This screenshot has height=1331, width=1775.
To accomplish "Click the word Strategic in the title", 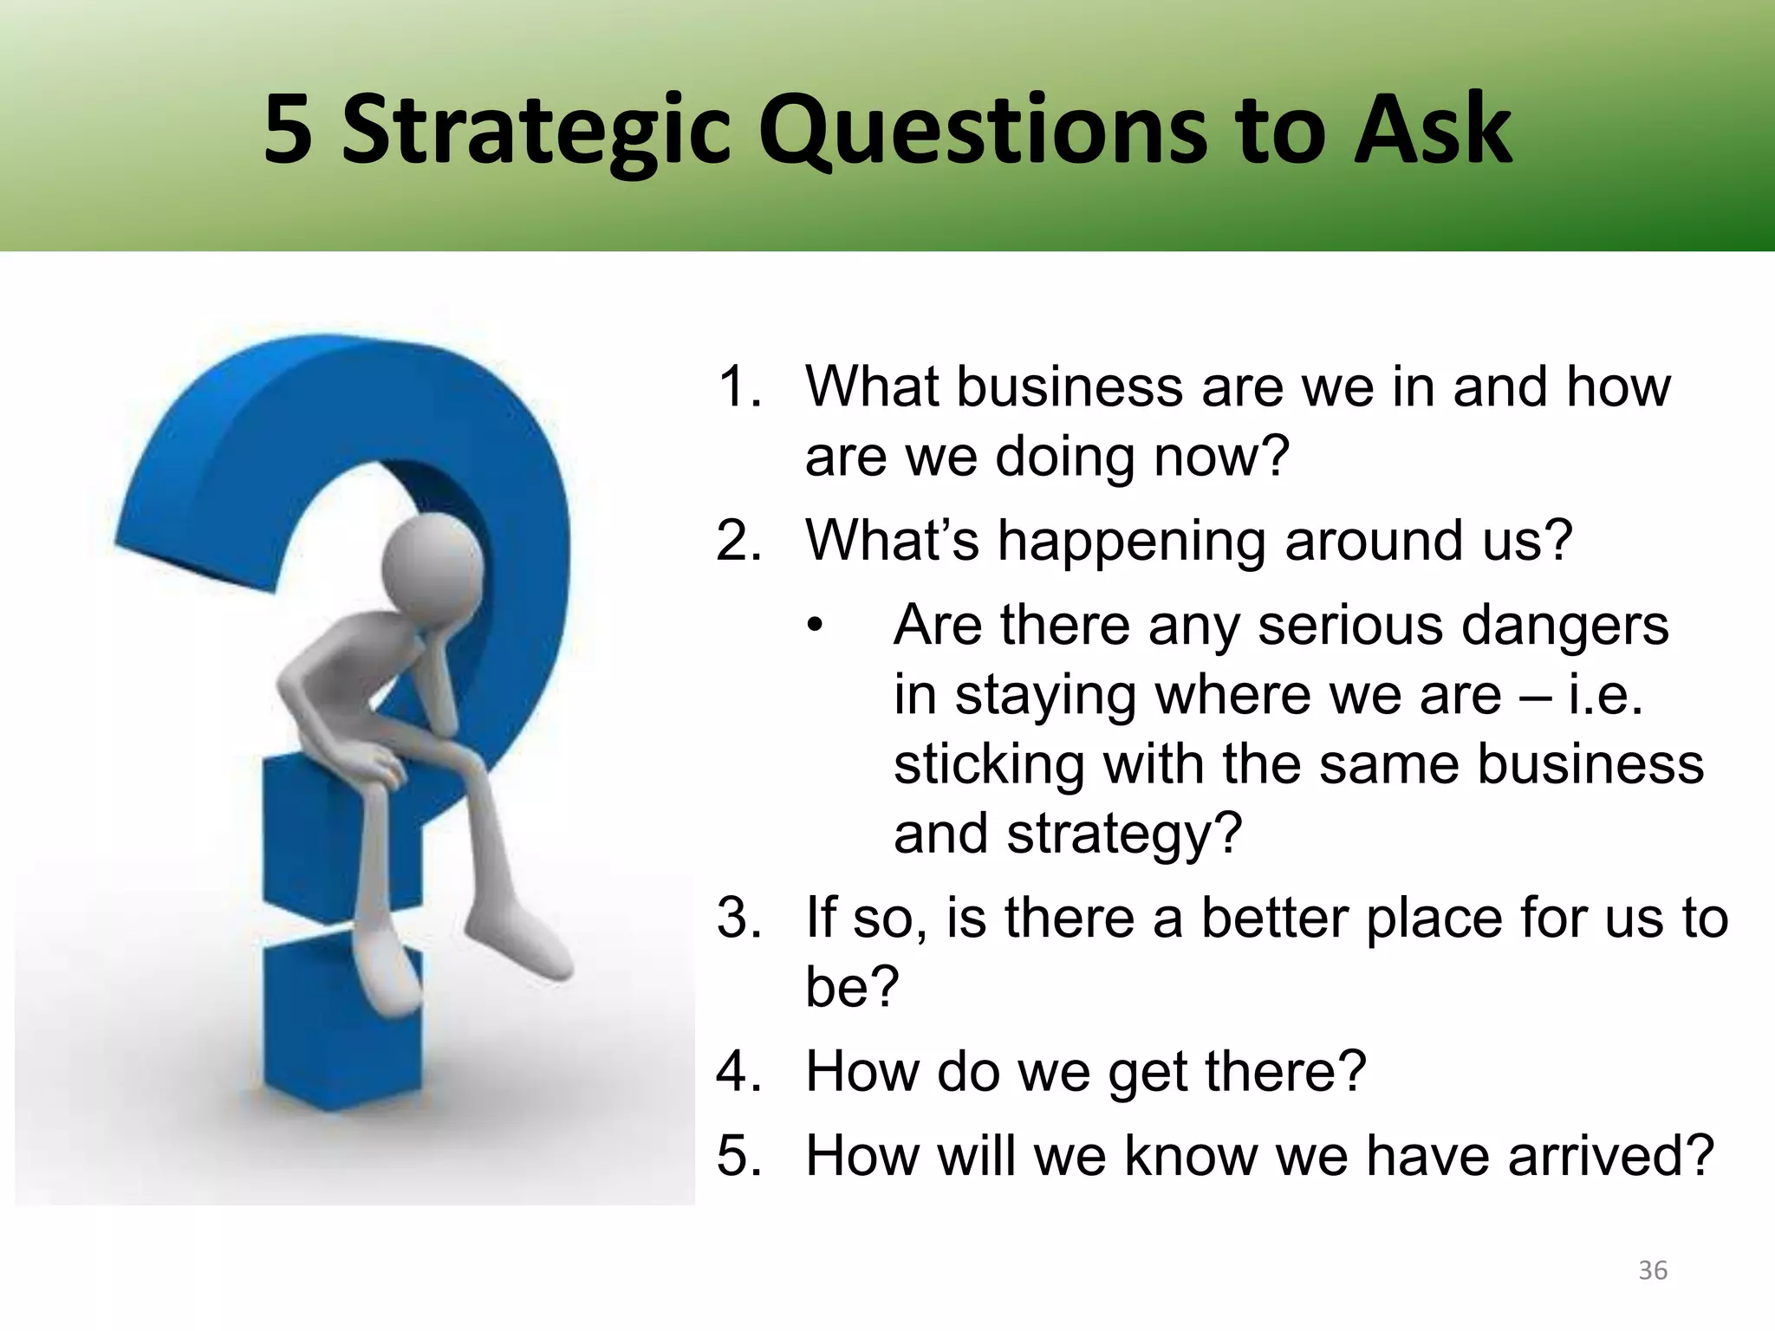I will coord(536,132).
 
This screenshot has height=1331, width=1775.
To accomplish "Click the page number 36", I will coord(1652,1270).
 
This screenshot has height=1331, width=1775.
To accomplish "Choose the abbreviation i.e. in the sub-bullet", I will coord(1605,695).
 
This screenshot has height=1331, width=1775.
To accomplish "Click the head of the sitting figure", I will coord(432,563).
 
